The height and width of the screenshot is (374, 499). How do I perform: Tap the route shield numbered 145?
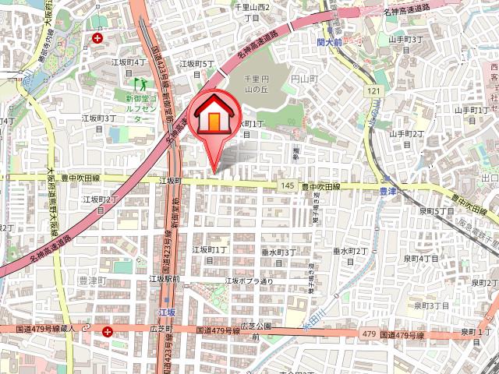click(x=288, y=185)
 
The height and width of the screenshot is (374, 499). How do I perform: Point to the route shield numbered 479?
click(x=370, y=334)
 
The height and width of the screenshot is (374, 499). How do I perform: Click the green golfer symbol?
click(x=142, y=83)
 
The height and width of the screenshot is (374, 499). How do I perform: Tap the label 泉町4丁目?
click(x=421, y=258)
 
